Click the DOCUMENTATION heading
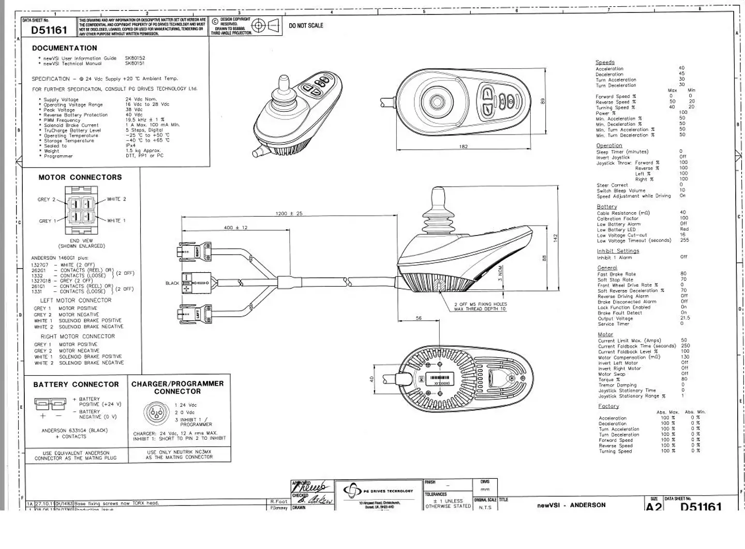[64, 48]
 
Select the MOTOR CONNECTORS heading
[80, 177]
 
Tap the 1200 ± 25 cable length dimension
[289, 213]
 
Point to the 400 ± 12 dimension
[235, 228]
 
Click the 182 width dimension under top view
[464, 146]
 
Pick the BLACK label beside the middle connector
[172, 283]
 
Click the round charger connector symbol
[156, 413]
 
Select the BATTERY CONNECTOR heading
[76, 384]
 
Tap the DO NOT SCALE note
[306, 25]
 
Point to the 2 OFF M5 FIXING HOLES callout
[481, 306]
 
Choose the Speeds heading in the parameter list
[605, 62]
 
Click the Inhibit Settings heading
[618, 251]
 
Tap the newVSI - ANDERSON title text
[571, 505]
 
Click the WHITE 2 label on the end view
[116, 199]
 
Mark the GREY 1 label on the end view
[48, 221]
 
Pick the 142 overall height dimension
[556, 238]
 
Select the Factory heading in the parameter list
[608, 406]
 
